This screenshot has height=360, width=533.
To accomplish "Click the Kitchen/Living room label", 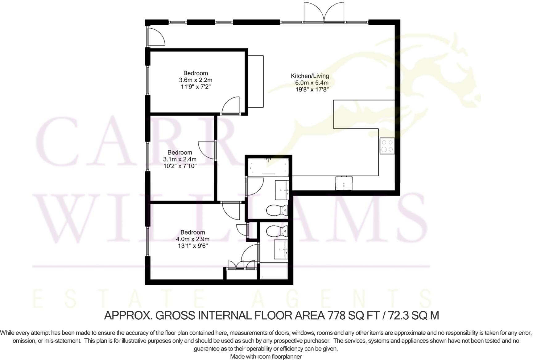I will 310,76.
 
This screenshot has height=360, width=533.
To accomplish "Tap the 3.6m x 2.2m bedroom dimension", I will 196,80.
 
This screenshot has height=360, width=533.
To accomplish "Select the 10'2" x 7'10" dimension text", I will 180,166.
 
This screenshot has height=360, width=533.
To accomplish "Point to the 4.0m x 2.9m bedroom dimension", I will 193,239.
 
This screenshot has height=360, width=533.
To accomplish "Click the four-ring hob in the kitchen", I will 387,146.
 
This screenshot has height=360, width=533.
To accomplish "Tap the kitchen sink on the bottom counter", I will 344,183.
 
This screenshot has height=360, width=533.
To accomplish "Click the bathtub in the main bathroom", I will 268,167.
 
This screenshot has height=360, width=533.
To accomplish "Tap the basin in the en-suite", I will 281,249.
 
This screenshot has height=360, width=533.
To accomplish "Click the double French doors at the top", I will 324,12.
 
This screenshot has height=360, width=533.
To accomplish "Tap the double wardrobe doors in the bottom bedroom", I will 242,265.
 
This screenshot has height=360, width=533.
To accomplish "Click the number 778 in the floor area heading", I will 333,315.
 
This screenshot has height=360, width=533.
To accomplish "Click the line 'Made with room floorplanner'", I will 266,356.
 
